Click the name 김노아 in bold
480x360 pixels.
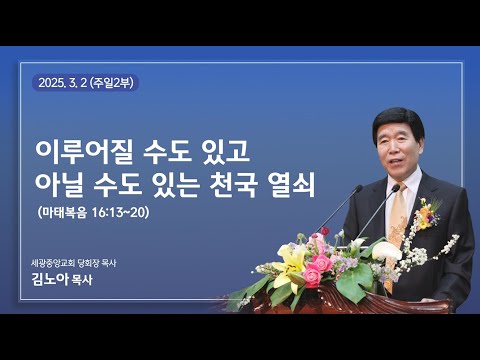[55, 281]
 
